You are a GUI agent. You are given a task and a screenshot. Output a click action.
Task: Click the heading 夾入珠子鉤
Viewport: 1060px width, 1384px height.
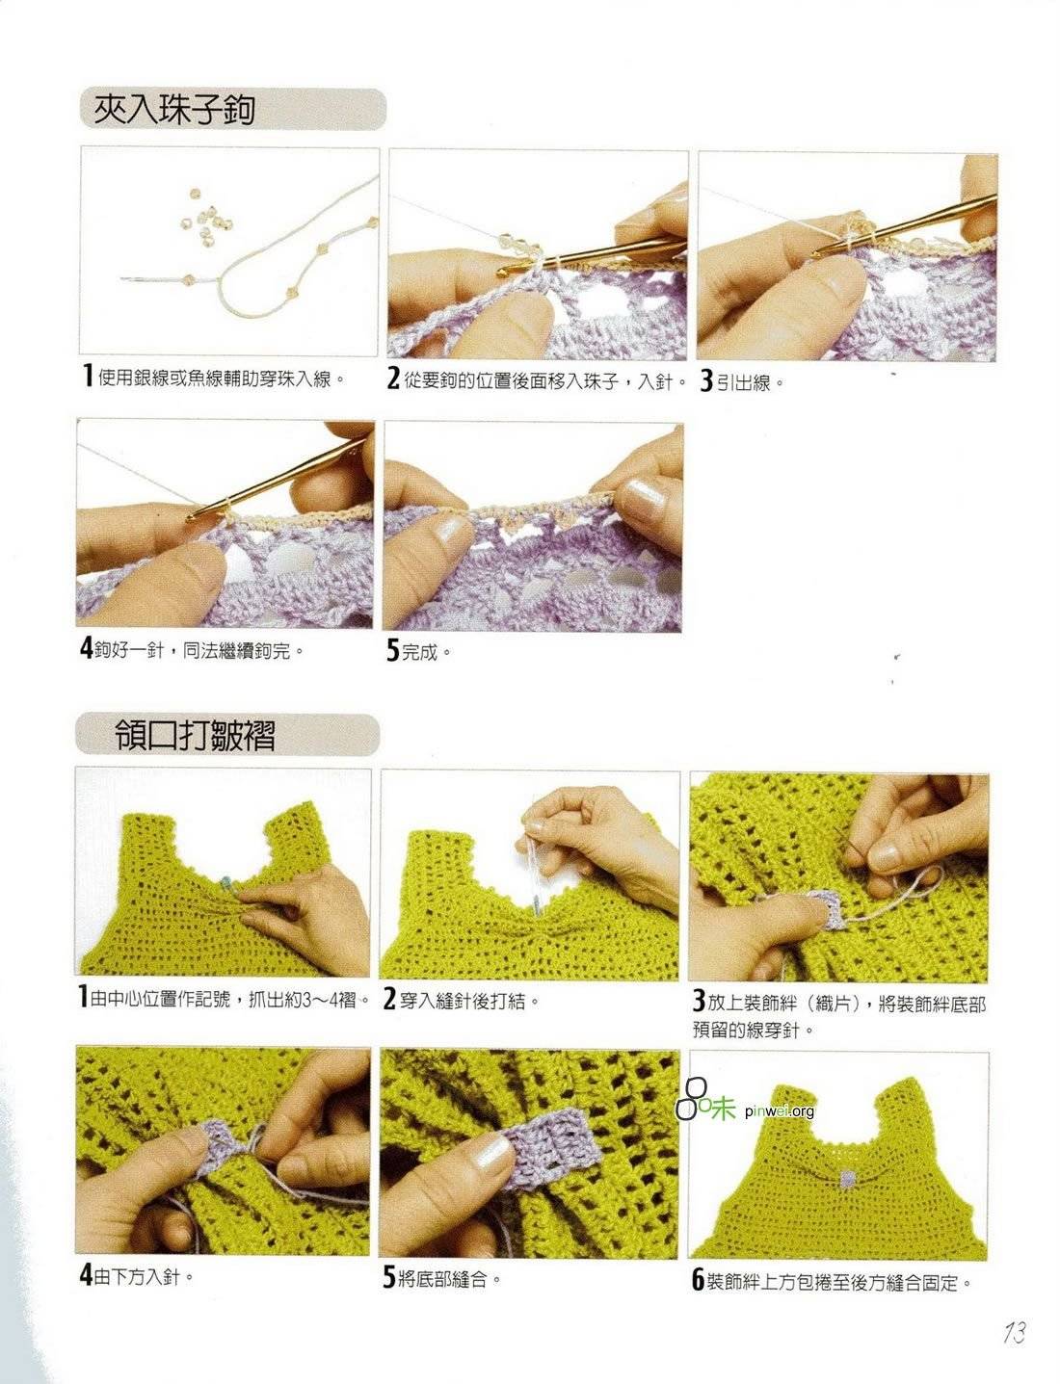[173, 110]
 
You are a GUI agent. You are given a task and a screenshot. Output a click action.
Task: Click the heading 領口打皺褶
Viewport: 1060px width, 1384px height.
[195, 735]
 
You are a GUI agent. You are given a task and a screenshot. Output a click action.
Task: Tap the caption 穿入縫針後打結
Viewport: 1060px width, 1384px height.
[469, 1001]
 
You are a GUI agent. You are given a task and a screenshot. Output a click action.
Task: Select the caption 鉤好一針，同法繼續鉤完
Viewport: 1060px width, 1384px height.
[199, 650]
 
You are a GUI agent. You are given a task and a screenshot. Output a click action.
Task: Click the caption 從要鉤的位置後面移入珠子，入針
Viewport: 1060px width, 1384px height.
[544, 380]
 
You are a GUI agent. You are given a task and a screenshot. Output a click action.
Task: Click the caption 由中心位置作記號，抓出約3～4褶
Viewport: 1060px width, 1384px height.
[229, 1000]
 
